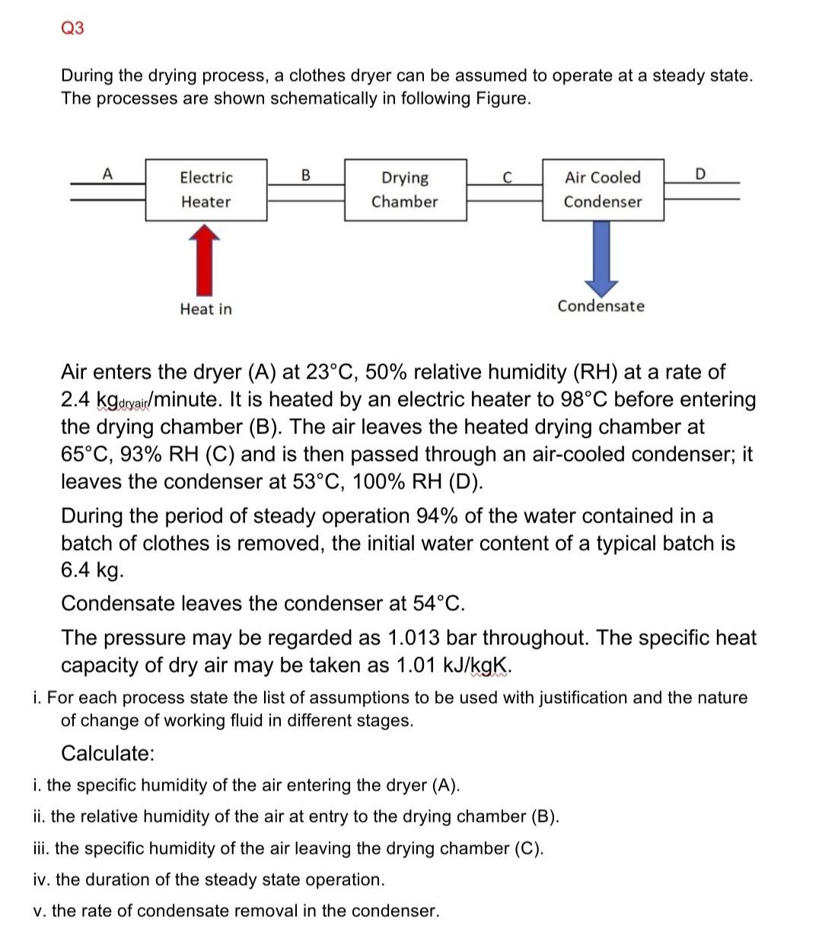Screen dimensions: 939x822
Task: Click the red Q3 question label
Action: (72, 28)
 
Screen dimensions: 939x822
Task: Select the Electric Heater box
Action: (205, 190)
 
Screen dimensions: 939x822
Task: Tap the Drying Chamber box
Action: (405, 190)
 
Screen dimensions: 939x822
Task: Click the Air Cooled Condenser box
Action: (603, 190)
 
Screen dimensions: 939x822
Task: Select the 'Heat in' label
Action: (205, 309)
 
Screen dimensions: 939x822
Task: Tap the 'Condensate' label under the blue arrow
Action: (601, 306)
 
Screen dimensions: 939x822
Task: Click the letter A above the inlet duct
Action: (107, 174)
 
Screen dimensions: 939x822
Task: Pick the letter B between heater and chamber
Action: (306, 174)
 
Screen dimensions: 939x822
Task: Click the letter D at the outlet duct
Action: (701, 174)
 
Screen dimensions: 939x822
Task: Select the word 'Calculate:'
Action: (108, 754)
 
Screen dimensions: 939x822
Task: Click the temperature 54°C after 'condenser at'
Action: (438, 604)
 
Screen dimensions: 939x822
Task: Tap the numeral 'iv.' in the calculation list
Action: (43, 880)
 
